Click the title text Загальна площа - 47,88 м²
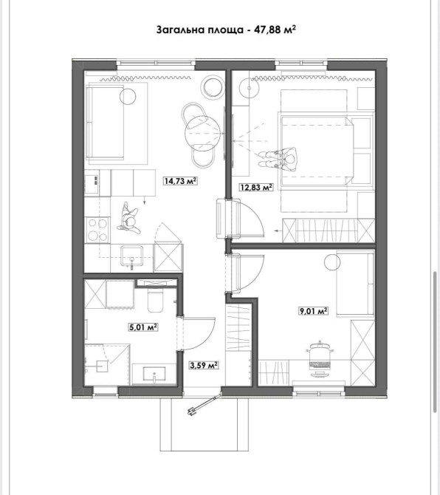pos(226,30)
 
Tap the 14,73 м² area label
pos(180,181)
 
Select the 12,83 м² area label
pos(256,187)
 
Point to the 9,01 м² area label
pos(313,311)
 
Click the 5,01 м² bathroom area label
pos(143,327)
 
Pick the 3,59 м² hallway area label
pos(204,365)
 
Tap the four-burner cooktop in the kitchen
pos(97,230)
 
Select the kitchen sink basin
pos(131,256)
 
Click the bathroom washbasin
pos(154,374)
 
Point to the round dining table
pos(202,133)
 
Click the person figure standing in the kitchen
pos(128,219)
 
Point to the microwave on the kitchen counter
pos(92,185)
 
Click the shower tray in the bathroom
pos(107,365)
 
